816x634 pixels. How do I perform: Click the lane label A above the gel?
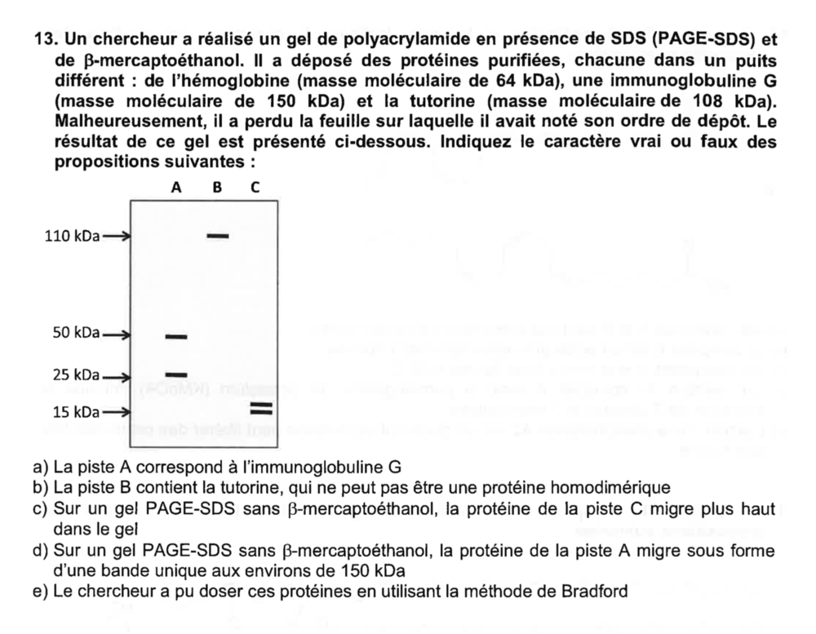176,187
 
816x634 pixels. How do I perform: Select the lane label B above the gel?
217,187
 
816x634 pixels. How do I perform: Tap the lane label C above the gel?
255,187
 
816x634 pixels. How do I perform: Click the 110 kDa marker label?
71,237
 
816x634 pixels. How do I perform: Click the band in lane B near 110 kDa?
218,236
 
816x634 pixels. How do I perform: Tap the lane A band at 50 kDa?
176,336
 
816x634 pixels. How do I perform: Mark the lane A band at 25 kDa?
176,375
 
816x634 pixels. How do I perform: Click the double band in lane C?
260,408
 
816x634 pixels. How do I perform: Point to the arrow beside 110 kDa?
116,237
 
